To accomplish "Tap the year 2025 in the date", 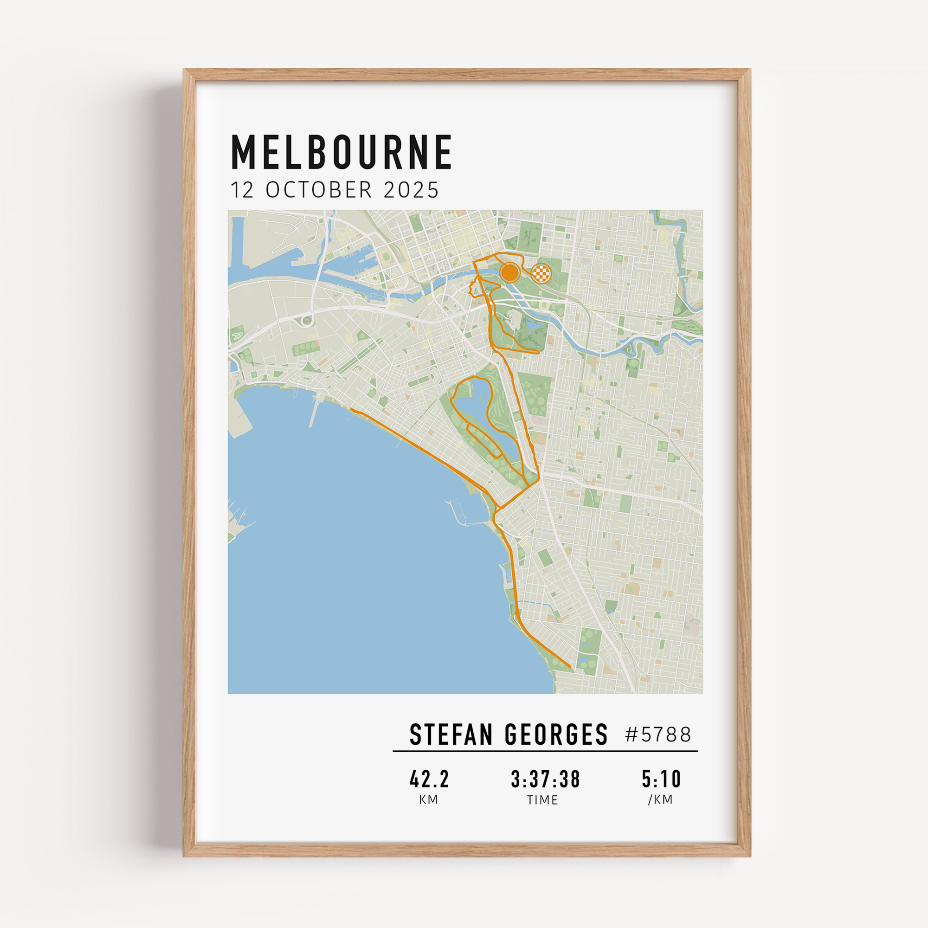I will pyautogui.click(x=411, y=190).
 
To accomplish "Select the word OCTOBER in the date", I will pyautogui.click(x=319, y=190).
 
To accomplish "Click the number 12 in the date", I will pyautogui.click(x=242, y=190).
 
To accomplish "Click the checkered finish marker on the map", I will pyautogui.click(x=541, y=274).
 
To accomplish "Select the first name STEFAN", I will pyautogui.click(x=451, y=735).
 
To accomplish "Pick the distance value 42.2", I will pyautogui.click(x=429, y=779).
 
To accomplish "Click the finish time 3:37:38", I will pyautogui.click(x=545, y=779).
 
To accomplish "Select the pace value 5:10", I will pyautogui.click(x=661, y=779).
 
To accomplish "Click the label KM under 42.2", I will pyautogui.click(x=428, y=800).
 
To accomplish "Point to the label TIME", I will pyautogui.click(x=542, y=800).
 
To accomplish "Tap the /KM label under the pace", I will pyautogui.click(x=660, y=800).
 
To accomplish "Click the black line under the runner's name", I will pyautogui.click(x=545, y=751).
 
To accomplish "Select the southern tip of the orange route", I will pyautogui.click(x=570, y=667).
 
